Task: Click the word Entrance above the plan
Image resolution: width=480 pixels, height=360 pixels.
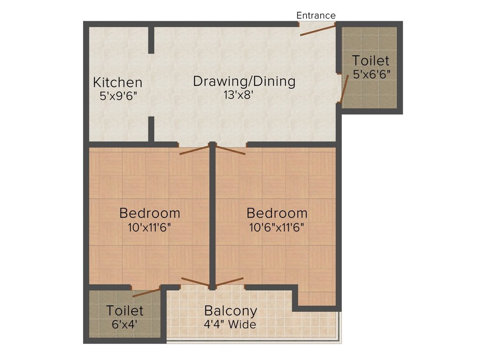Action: (x=316, y=15)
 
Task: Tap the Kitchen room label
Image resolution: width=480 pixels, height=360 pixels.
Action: (x=118, y=82)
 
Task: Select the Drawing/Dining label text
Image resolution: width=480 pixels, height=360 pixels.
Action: (x=244, y=81)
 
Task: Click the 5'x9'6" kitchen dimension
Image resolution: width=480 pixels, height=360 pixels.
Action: (x=118, y=96)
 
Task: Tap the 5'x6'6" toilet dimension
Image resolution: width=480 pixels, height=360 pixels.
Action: (x=372, y=74)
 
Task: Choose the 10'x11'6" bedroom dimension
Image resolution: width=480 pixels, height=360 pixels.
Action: (x=150, y=227)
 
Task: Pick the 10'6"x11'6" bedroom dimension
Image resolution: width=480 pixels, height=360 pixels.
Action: (x=277, y=227)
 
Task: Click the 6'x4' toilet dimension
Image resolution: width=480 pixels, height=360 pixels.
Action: (x=125, y=323)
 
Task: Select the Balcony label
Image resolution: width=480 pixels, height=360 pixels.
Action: (x=231, y=311)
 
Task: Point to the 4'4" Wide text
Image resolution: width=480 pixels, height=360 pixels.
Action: (x=230, y=324)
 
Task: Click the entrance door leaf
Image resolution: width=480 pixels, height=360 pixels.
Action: (x=318, y=30)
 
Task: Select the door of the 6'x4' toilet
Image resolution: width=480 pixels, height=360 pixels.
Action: (x=146, y=293)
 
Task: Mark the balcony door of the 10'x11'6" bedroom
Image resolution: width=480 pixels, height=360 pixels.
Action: (x=195, y=282)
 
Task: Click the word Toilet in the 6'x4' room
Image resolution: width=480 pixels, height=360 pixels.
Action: (x=125, y=310)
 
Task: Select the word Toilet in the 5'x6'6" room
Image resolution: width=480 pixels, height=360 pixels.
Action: (x=371, y=60)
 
